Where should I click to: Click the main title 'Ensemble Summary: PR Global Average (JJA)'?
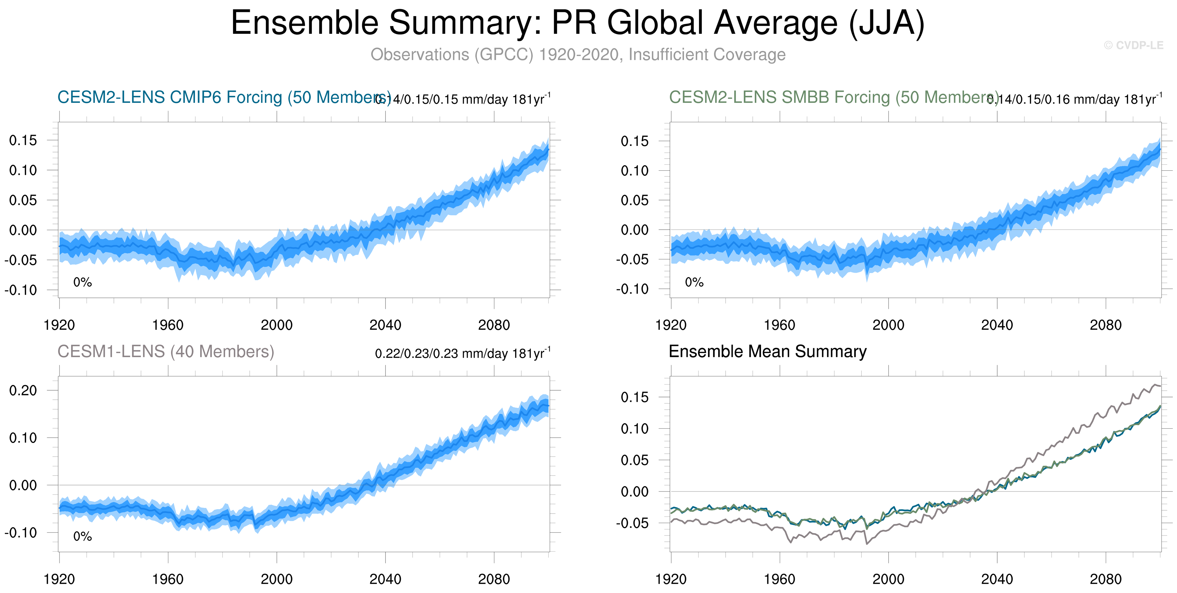pyautogui.click(x=577, y=23)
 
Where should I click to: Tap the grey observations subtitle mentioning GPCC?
pyautogui.click(x=577, y=54)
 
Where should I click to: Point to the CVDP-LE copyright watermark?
pyautogui.click(x=1133, y=45)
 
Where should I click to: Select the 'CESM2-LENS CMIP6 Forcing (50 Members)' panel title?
pyautogui.click(x=224, y=97)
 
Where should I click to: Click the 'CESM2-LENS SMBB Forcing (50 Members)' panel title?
pyautogui.click(x=834, y=97)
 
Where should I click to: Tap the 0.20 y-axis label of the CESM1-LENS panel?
pyautogui.click(x=23, y=391)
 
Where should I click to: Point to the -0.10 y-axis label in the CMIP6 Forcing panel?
pyautogui.click(x=21, y=290)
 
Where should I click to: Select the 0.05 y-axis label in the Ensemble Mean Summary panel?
pyautogui.click(x=634, y=460)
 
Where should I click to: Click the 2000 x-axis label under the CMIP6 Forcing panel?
pyautogui.click(x=277, y=325)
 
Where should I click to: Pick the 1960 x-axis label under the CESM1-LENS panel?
pyautogui.click(x=168, y=579)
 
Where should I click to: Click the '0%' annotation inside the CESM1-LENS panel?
pyautogui.click(x=83, y=536)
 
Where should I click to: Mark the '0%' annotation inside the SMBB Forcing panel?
pyautogui.click(x=694, y=282)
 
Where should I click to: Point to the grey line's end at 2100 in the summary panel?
pyautogui.click(x=1160, y=386)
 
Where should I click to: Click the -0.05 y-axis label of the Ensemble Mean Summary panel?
pyautogui.click(x=632, y=523)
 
